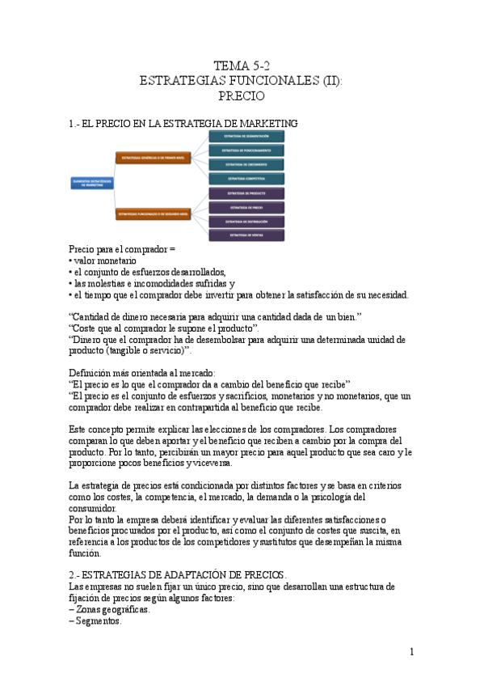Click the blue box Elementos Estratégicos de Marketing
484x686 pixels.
click(92, 184)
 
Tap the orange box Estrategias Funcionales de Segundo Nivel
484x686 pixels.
click(154, 214)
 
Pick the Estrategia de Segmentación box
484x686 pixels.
click(247, 136)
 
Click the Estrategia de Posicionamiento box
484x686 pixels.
click(247, 150)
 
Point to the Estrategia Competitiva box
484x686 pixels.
click(247, 178)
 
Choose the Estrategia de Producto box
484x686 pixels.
click(247, 193)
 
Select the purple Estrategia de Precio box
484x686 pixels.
click(247, 207)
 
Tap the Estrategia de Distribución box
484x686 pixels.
click(247, 221)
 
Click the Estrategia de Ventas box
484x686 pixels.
click(247, 235)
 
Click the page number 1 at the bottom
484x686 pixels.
click(411, 651)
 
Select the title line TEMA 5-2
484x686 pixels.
click(242, 66)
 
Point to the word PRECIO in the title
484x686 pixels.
click(242, 95)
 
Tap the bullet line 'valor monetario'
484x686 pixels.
click(104, 261)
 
